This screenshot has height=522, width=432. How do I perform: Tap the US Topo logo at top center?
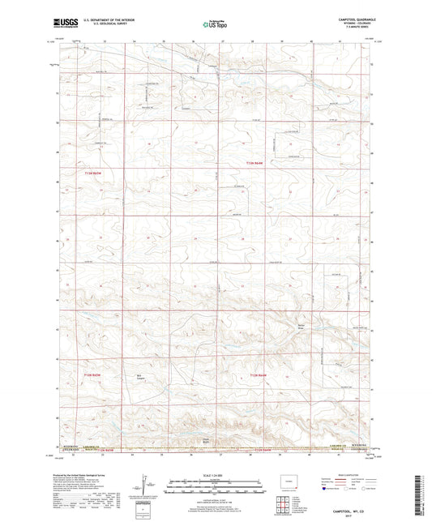(x=214, y=24)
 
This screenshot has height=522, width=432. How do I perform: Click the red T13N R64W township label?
(x=254, y=164)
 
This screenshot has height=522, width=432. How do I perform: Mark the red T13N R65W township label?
(x=96, y=172)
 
